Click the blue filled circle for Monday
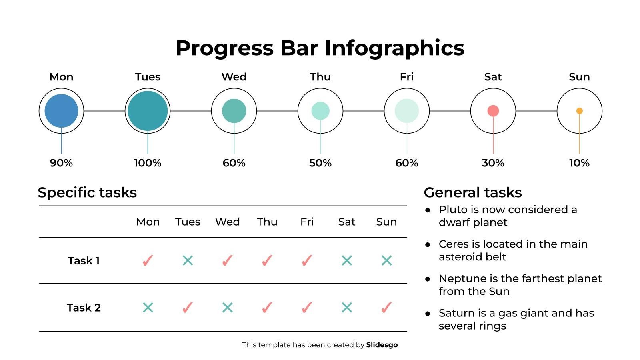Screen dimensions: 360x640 [x=61, y=111]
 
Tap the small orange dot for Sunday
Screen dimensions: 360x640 [x=579, y=111]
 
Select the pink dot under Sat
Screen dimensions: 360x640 [x=493, y=111]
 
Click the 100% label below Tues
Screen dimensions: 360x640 [x=148, y=163]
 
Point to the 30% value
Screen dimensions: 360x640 [x=493, y=163]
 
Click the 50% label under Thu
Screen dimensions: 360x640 [x=320, y=163]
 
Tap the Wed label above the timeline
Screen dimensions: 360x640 [x=234, y=77]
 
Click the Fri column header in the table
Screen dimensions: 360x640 [x=307, y=222]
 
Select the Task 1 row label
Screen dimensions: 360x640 [x=84, y=261]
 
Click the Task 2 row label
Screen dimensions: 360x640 [x=84, y=308]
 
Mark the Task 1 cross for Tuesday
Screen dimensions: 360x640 [x=188, y=261]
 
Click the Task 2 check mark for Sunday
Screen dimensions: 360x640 [x=386, y=308]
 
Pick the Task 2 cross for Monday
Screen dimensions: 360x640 [x=148, y=308]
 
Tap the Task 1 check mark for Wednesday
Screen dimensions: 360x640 [x=227, y=261]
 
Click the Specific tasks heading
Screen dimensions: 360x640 [x=87, y=192]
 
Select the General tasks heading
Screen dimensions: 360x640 [x=473, y=192]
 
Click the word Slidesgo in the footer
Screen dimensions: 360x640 [x=382, y=345]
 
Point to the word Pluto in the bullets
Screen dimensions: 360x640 [x=453, y=210]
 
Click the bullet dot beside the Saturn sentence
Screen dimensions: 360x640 [x=428, y=314]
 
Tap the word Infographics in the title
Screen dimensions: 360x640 [x=394, y=48]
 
